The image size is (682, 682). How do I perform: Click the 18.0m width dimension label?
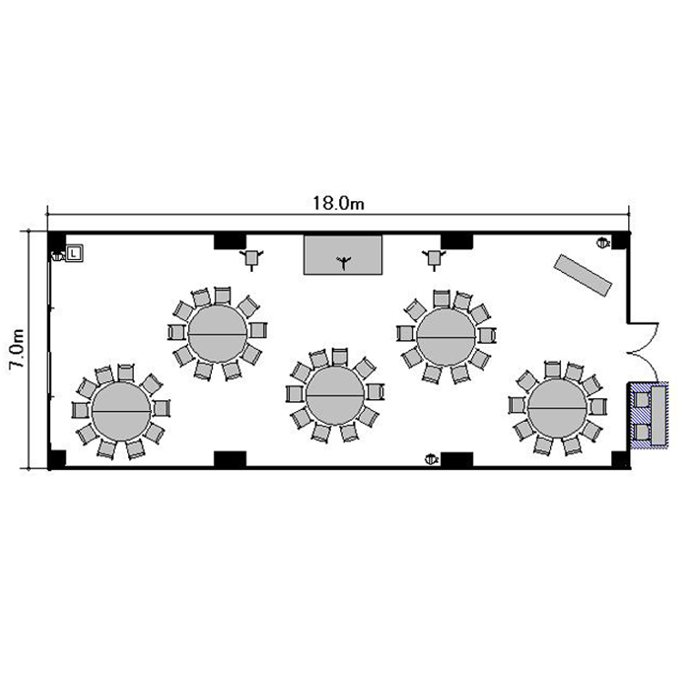[x=338, y=203]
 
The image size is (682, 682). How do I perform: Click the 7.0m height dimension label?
[x=17, y=349]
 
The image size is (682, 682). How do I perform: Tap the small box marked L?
[x=75, y=253]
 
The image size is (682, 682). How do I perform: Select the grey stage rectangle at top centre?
[x=343, y=255]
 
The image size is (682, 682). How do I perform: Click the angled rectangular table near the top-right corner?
[x=583, y=276]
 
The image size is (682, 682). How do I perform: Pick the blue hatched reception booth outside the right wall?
[x=647, y=416]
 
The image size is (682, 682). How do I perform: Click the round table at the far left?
[x=121, y=411]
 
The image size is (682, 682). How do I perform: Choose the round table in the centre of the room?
[x=336, y=396]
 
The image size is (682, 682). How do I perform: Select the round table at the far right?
[x=557, y=409]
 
